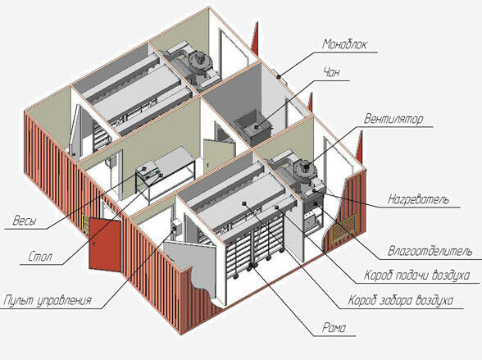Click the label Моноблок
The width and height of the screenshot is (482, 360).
(x=344, y=44)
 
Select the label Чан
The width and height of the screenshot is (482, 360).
(x=332, y=72)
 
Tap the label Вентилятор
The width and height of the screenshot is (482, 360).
(x=393, y=119)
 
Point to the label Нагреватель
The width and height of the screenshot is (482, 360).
(x=418, y=199)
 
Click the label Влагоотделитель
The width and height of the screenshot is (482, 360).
(x=430, y=251)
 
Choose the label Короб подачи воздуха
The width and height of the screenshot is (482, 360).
(x=416, y=276)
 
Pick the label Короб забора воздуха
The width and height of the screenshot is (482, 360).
(x=401, y=300)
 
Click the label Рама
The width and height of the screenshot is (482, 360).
(x=334, y=328)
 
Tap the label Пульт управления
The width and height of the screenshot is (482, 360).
(x=48, y=300)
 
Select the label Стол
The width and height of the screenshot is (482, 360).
(x=40, y=257)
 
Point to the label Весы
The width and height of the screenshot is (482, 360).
(x=25, y=221)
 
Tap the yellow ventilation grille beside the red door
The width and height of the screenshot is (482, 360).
(x=85, y=226)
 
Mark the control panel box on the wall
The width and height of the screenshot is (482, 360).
(x=176, y=226)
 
